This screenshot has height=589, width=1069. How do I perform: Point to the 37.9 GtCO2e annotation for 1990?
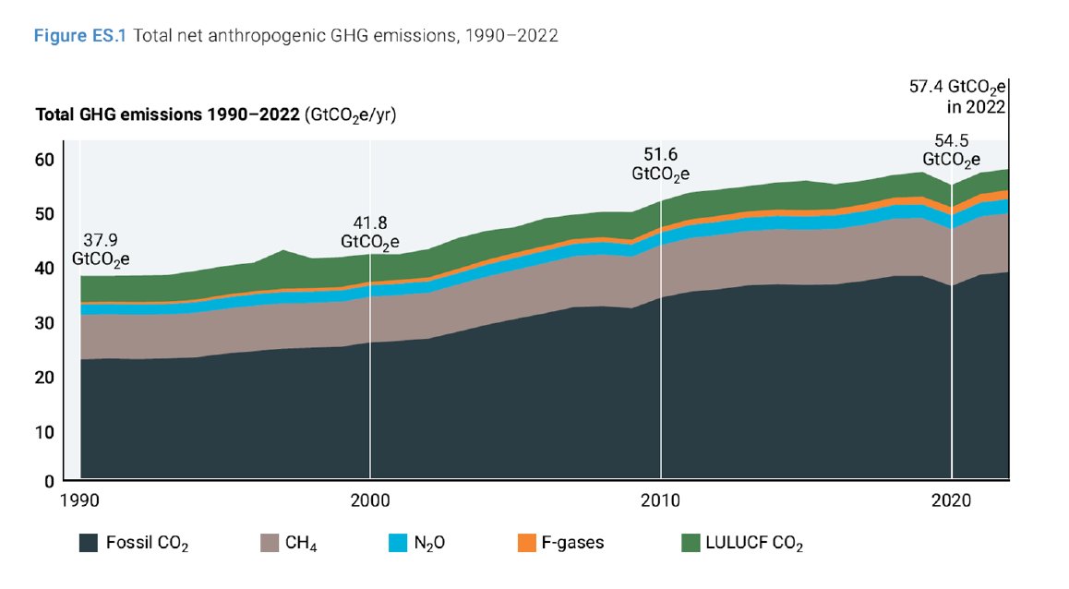click(x=103, y=251)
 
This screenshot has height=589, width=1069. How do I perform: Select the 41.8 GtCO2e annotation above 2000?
click(x=369, y=232)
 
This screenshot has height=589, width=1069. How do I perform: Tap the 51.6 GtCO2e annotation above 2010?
click(x=660, y=163)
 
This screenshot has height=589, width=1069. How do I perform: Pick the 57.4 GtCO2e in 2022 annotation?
click(x=957, y=96)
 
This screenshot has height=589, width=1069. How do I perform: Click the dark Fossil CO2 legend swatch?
click(x=90, y=543)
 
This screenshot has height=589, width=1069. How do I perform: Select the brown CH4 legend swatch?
click(x=269, y=543)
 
